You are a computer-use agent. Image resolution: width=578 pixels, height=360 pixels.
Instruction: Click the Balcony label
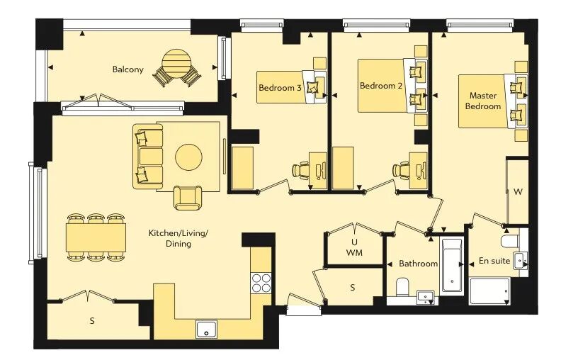(x=127, y=69)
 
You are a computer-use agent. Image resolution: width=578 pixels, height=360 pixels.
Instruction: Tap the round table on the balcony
(x=177, y=64)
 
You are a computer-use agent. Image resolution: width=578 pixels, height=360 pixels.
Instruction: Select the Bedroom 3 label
(x=280, y=88)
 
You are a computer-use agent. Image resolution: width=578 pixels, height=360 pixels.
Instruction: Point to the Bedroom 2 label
(x=381, y=86)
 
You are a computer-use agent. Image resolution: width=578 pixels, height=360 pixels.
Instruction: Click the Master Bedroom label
(x=483, y=101)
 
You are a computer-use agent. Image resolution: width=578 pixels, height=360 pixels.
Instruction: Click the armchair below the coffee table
(x=188, y=197)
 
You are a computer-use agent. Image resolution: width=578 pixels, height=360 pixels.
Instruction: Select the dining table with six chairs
(x=96, y=237)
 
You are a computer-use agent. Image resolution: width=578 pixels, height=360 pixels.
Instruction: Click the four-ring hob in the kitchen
(x=261, y=283)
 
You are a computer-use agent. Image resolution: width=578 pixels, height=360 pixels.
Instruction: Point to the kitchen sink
(x=206, y=330)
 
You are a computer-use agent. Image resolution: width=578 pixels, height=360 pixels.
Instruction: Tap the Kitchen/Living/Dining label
(x=178, y=238)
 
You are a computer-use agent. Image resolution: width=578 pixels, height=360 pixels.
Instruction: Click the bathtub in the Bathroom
(x=452, y=266)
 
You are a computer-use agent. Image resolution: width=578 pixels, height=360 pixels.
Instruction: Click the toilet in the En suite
(x=510, y=242)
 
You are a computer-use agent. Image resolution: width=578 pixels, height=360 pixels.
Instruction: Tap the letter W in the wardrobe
(x=518, y=192)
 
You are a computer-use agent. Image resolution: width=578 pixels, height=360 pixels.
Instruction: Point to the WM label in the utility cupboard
(x=354, y=253)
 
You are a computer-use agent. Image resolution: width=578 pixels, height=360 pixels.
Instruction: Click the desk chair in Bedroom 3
(x=300, y=170)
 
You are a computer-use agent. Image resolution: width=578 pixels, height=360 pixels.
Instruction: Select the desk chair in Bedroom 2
(x=401, y=170)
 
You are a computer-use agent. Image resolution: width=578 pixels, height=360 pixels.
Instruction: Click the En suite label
(x=494, y=261)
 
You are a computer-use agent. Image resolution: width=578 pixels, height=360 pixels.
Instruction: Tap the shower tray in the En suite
(x=490, y=291)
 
